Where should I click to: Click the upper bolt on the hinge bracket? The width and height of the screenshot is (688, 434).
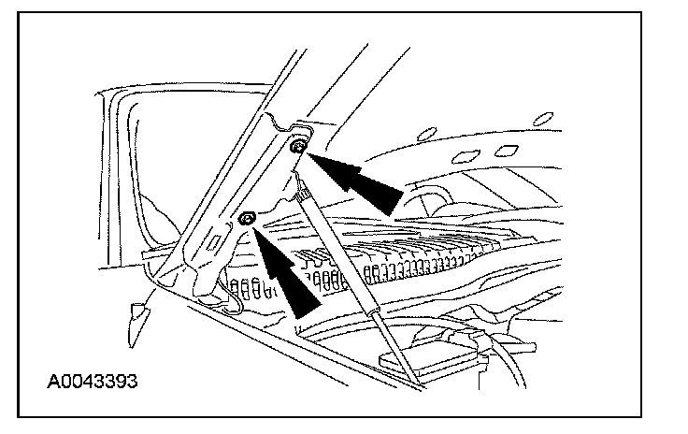[296, 146]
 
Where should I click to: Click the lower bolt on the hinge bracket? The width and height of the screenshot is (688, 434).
[248, 219]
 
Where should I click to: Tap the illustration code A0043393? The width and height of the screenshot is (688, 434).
[93, 383]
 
